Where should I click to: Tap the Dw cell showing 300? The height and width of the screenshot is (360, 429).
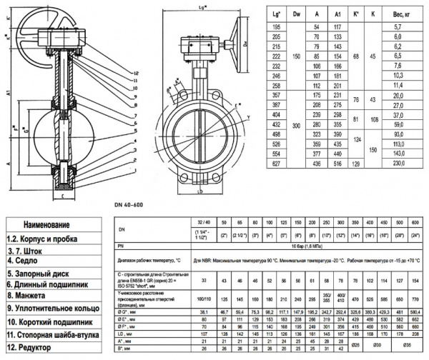[297, 124]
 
